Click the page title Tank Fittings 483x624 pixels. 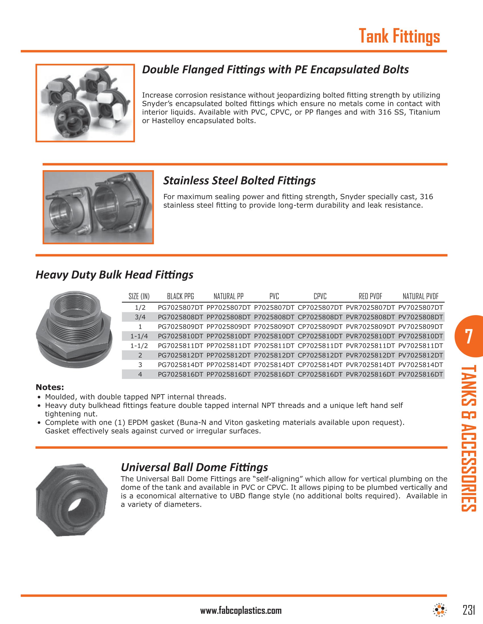pos(399,36)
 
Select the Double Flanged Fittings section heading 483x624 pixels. pos(275,70)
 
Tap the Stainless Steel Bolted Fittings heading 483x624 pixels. pos(239,181)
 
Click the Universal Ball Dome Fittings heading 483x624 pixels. pos(194,467)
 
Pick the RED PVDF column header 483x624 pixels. pos(370,296)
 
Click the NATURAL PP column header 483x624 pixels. pos(228,296)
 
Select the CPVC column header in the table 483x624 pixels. pos(320,296)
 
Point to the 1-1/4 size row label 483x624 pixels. pos(139,336)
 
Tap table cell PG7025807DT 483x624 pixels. pos(180,308)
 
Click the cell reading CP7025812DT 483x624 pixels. pos(320,355)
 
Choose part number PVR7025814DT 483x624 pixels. pos(370,365)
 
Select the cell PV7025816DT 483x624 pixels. pos(420,374)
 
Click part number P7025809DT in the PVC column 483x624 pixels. pos(274,326)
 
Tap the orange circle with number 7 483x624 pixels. pos(469,336)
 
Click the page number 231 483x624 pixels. pos(469,610)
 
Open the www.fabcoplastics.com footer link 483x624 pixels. pos(241,611)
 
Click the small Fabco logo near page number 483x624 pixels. pos(440,610)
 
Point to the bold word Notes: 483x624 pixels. pos(50,387)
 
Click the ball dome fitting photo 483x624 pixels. pos(72,500)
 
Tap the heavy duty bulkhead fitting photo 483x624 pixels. pos(74,330)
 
